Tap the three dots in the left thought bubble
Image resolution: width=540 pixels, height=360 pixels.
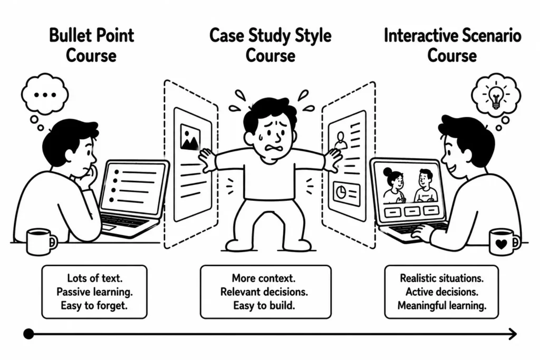45,95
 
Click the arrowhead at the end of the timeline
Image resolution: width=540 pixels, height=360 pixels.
513,334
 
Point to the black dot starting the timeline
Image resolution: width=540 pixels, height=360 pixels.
28,334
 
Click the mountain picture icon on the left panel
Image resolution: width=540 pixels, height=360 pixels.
190,137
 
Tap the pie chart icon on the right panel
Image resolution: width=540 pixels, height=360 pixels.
341,192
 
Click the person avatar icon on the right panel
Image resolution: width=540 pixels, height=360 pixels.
341,140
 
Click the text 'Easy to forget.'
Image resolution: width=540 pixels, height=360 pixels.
94,305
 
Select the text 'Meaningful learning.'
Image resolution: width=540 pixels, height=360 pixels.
442,305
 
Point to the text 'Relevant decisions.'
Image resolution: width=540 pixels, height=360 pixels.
264,292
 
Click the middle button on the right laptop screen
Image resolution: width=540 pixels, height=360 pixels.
412,211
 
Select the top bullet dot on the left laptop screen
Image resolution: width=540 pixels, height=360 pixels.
117,172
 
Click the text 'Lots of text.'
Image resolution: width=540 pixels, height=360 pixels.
95,278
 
